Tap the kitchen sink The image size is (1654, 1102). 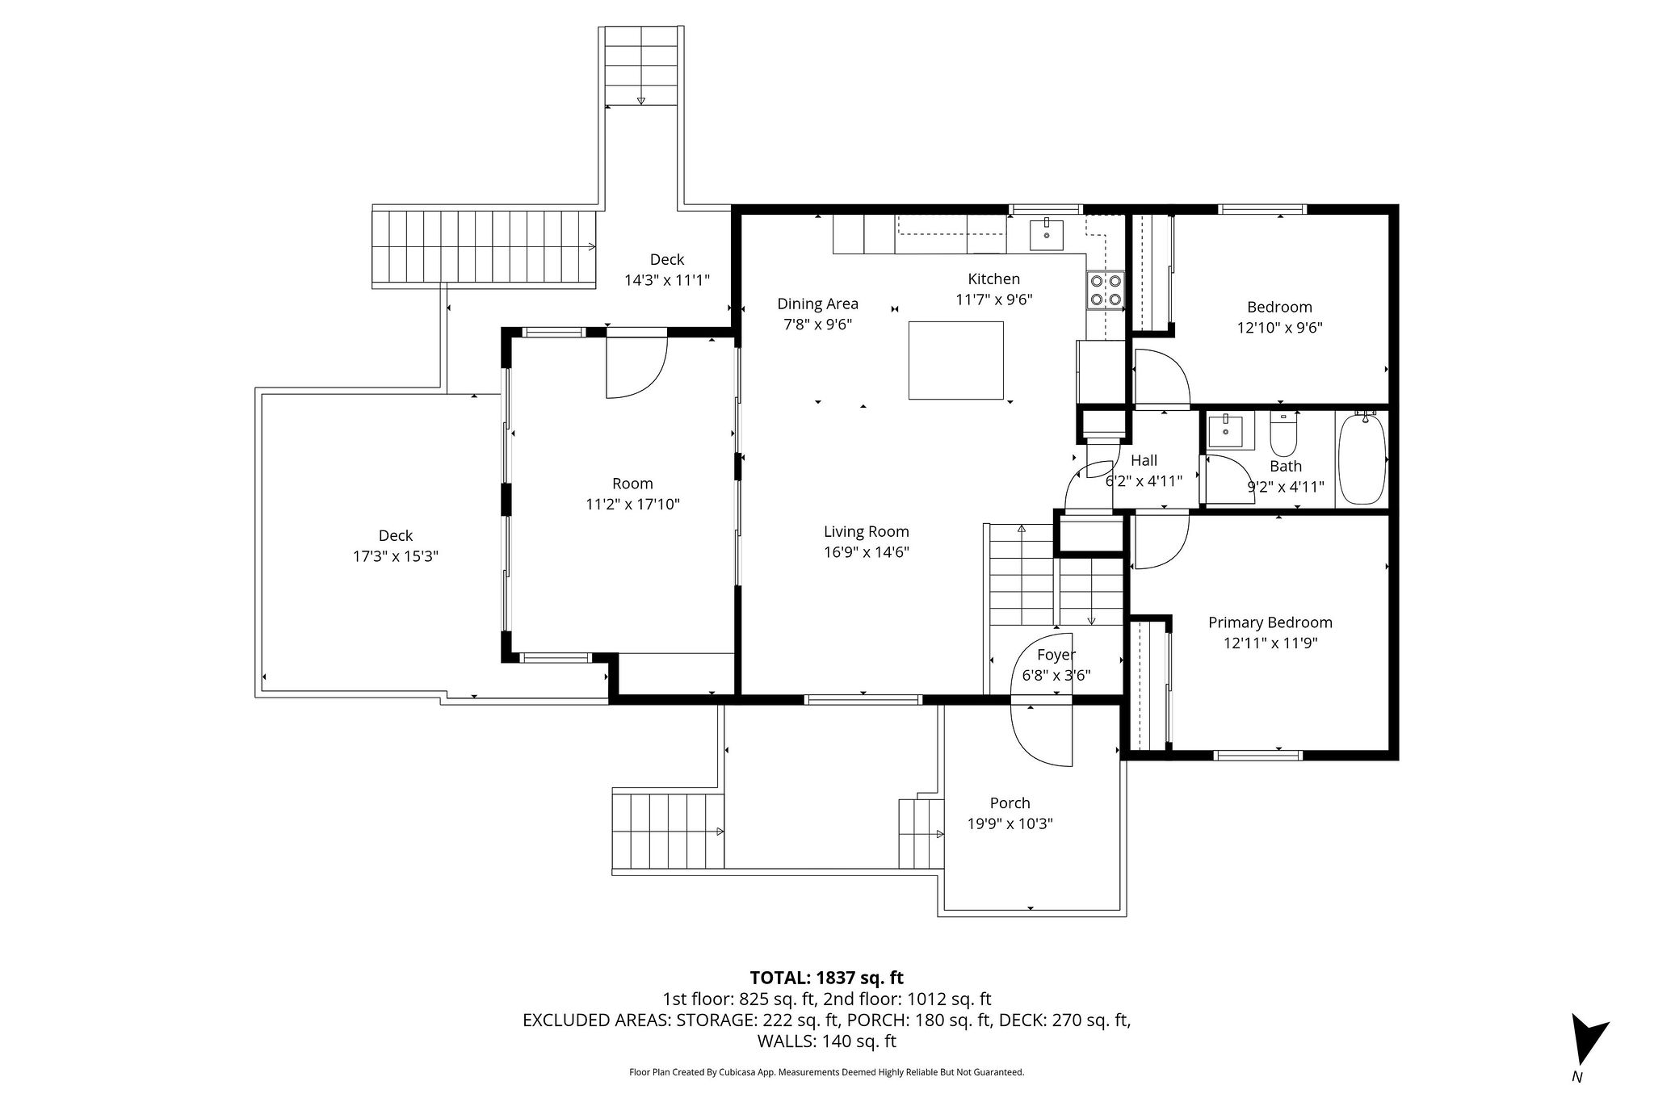(x=1047, y=233)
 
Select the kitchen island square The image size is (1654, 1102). (x=956, y=360)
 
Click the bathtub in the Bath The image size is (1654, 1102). (x=1362, y=459)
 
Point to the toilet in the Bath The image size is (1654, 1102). (x=1283, y=434)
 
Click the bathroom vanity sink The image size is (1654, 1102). (x=1231, y=430)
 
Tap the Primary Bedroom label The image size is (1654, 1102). (x=1270, y=622)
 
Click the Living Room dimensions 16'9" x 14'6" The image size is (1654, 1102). (x=867, y=552)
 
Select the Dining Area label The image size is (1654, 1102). (x=817, y=304)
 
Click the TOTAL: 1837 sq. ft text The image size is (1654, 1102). (x=827, y=978)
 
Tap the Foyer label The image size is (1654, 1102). (x=1056, y=655)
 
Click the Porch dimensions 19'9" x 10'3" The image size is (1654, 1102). (x=1010, y=823)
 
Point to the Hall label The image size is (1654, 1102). (x=1144, y=460)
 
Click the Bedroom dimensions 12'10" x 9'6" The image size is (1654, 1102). (x=1279, y=328)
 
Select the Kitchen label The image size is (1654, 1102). (x=994, y=279)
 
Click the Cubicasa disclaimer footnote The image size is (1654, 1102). (x=826, y=1072)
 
